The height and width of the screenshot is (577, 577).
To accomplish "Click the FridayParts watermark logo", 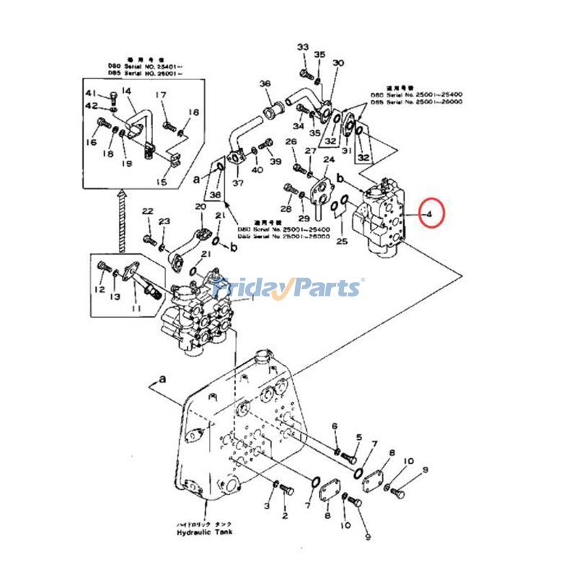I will [287, 288].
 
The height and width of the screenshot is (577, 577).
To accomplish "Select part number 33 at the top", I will [302, 48].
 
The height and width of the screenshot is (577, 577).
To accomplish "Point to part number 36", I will [265, 84].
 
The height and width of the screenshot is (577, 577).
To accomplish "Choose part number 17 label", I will [161, 95].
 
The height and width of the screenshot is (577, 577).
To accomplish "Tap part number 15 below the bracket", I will [161, 182].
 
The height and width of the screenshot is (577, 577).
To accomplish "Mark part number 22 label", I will [148, 211].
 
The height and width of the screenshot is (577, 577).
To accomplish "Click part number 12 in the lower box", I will [100, 290].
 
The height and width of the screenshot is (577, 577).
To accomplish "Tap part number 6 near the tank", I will [335, 426].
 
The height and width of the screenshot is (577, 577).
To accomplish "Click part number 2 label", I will [284, 516].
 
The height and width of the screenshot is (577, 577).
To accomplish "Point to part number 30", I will [338, 63].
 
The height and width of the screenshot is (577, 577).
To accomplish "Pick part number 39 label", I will [276, 161].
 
